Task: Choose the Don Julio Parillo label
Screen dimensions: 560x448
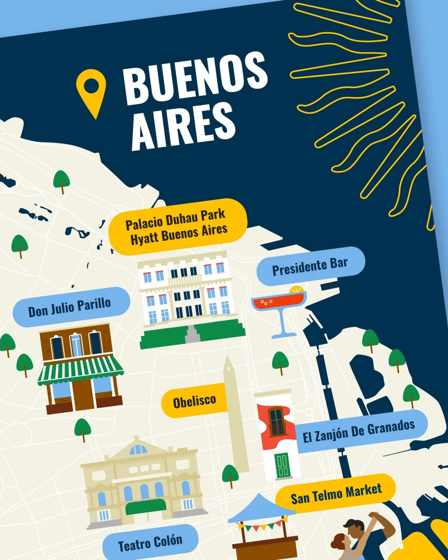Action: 70,307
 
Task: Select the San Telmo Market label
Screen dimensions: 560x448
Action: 336,493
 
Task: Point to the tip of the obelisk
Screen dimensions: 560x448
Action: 227,359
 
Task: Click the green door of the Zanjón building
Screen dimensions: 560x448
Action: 282,464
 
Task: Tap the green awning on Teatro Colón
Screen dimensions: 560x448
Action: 146,506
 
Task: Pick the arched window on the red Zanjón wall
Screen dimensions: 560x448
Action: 276,422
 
